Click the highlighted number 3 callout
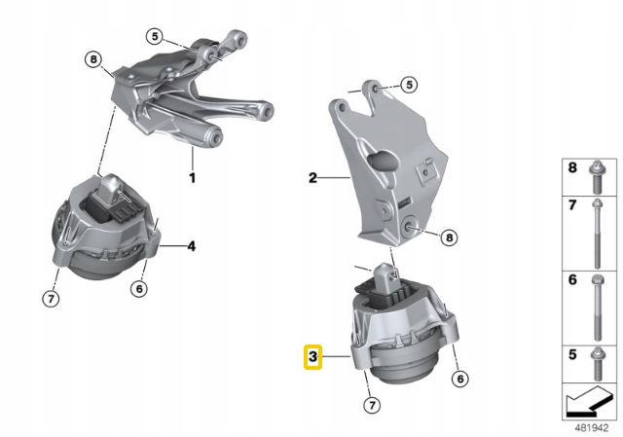click(x=312, y=357)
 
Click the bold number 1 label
click(x=193, y=177)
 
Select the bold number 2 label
click(x=312, y=177)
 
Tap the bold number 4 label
click(x=192, y=246)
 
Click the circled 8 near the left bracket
click(x=93, y=59)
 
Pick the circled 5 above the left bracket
click(x=155, y=37)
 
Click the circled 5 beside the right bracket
click(x=409, y=85)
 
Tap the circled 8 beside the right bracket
click(x=450, y=237)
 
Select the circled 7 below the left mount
click(x=51, y=299)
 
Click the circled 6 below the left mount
click(x=139, y=288)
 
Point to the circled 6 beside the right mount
click(x=460, y=379)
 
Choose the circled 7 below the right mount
click(x=372, y=405)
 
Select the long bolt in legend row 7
click(x=597, y=234)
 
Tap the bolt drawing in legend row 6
click(x=597, y=308)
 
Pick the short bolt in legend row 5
click(x=597, y=363)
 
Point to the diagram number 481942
click(x=592, y=428)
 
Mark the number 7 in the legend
click(x=572, y=205)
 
